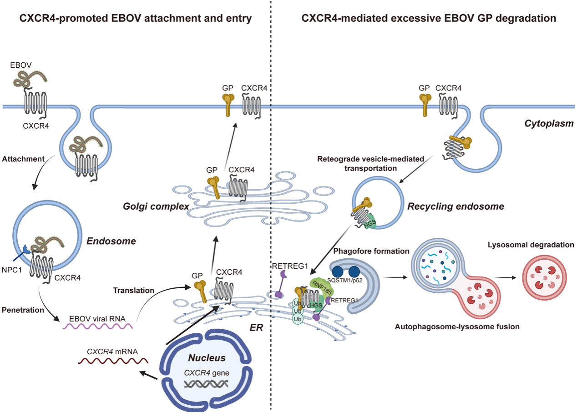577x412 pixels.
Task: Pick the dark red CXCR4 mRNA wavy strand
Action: coord(113,361)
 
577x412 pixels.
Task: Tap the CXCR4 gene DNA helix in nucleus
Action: coord(205,384)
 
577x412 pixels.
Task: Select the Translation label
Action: coord(133,290)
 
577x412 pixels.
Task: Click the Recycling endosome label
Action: coord(456,206)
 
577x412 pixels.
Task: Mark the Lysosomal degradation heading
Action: coord(530,245)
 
